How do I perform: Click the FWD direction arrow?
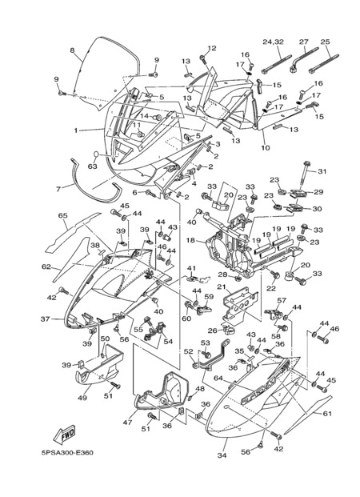(64, 434)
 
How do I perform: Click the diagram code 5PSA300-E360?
(67, 452)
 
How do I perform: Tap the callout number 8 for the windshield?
(72, 50)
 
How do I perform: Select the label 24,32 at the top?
(273, 42)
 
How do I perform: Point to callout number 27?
(303, 42)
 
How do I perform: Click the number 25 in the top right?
(326, 42)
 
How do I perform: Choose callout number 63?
(93, 166)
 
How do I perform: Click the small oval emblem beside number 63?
(96, 154)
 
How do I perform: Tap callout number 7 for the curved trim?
(58, 189)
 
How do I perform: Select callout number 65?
(63, 215)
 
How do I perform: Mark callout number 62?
(46, 267)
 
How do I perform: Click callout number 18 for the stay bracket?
(190, 240)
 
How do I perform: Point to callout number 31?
(322, 171)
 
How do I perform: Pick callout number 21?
(222, 287)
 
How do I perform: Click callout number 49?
(82, 398)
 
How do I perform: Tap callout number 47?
(127, 422)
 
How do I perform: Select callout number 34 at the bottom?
(222, 455)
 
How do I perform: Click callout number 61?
(327, 413)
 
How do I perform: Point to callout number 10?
(266, 147)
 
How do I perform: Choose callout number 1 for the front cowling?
(76, 130)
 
